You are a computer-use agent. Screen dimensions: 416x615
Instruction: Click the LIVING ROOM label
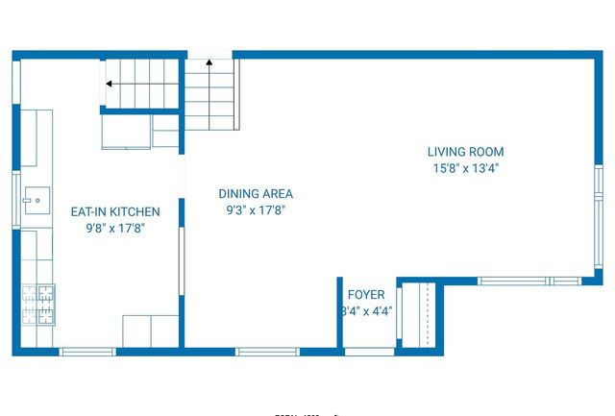(x=465, y=152)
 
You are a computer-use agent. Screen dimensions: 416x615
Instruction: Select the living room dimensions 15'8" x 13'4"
(x=465, y=168)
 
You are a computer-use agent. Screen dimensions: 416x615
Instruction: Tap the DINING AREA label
(x=255, y=193)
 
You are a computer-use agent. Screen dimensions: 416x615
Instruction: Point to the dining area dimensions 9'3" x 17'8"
(x=256, y=209)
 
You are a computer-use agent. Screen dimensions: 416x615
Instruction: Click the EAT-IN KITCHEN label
(x=115, y=211)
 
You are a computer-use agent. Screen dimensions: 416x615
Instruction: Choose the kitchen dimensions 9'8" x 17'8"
(x=115, y=228)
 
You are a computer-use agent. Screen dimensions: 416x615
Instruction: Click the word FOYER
(x=366, y=295)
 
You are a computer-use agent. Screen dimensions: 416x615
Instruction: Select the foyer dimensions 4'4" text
(x=366, y=311)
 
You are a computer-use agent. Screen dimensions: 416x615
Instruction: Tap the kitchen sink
(x=34, y=201)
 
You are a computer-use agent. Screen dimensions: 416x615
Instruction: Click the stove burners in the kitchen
(x=39, y=305)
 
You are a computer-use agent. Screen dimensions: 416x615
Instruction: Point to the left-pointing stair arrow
(x=110, y=85)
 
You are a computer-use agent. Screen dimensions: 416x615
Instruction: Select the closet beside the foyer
(x=418, y=315)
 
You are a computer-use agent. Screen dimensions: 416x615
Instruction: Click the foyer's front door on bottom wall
(x=369, y=352)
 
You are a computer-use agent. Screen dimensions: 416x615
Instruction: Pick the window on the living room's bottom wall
(x=529, y=281)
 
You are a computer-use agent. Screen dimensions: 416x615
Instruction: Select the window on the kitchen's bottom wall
(x=87, y=352)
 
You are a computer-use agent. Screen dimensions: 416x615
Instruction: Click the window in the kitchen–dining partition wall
(x=182, y=259)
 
